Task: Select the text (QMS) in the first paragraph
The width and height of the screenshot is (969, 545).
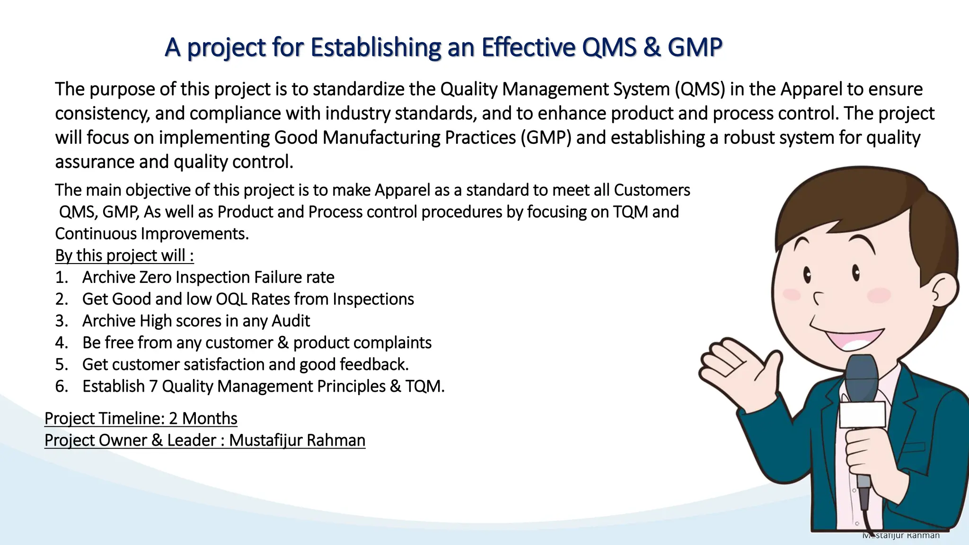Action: (700, 89)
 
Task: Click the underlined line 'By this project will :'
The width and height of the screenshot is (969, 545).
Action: (124, 255)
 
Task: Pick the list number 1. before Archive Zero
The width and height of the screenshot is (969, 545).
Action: (61, 278)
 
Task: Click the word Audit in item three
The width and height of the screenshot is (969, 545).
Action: (291, 321)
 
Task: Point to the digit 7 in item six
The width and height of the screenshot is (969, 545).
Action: (153, 387)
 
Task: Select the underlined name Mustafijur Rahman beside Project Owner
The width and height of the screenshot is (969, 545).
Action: (297, 440)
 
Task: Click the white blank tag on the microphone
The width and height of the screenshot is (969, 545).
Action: (862, 415)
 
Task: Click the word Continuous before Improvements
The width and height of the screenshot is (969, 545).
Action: (96, 234)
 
